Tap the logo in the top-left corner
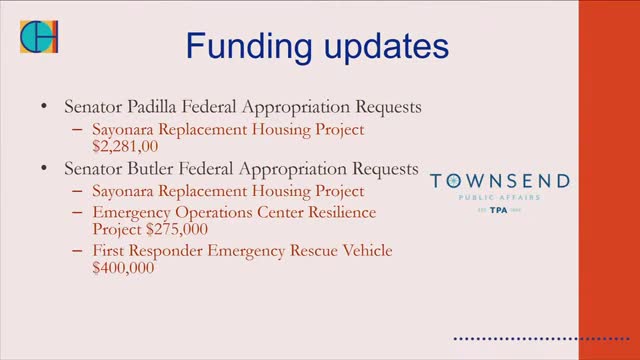coord(39,37)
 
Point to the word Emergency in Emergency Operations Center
coord(133,213)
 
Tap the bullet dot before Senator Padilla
coord(43,106)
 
